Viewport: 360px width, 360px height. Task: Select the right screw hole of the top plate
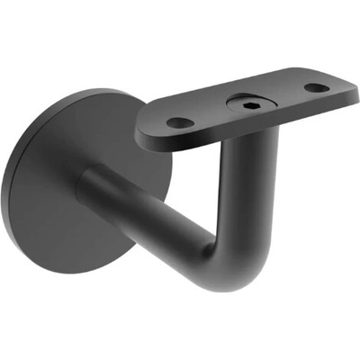coord(316,88)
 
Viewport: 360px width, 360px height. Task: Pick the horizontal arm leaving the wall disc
coord(144,216)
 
